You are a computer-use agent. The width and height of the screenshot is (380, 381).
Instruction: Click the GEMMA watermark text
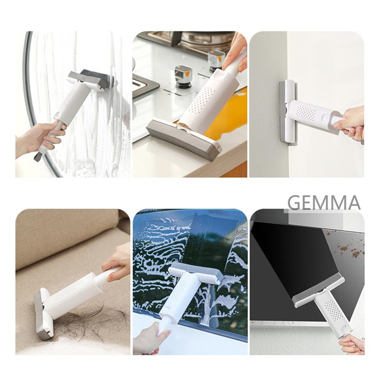tap(324, 202)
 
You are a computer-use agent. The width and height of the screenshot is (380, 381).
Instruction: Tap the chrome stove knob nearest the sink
tap(183, 76)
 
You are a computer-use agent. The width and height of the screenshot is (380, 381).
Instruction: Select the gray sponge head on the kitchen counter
tap(184, 135)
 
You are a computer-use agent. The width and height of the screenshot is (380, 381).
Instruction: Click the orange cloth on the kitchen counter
tap(227, 114)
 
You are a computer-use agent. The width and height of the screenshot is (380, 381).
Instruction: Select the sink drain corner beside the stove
tap(144, 84)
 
